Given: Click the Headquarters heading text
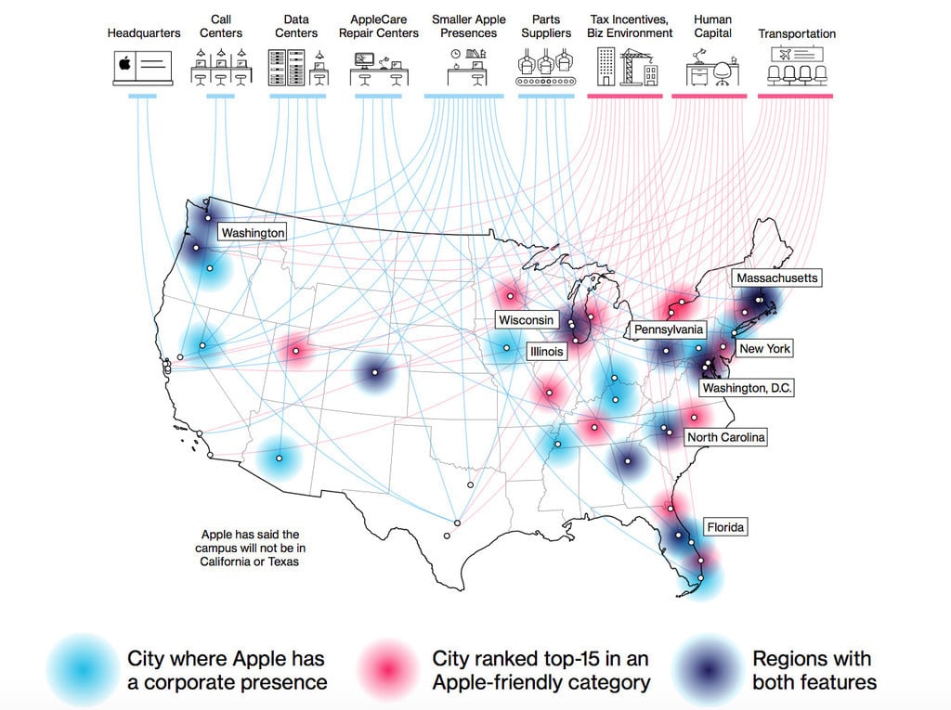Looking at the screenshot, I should pyautogui.click(x=144, y=33).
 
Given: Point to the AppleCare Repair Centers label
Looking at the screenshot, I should pyautogui.click(x=378, y=26).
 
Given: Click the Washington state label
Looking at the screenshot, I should pyautogui.click(x=253, y=233).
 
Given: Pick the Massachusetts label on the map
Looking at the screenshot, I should pyautogui.click(x=777, y=278).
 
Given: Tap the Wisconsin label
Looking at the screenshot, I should pyautogui.click(x=526, y=320).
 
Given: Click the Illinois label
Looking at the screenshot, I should pyautogui.click(x=545, y=353).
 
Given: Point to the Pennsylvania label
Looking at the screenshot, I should pyautogui.click(x=669, y=329).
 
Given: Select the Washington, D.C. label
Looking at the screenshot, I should pyautogui.click(x=747, y=388).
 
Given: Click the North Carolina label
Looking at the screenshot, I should pyautogui.click(x=726, y=437).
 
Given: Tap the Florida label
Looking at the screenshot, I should pyautogui.click(x=725, y=527).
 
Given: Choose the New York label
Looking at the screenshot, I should pyautogui.click(x=764, y=349).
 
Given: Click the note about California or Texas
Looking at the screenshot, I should pyautogui.click(x=251, y=548).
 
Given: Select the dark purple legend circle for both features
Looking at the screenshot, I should pyautogui.click(x=708, y=669).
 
